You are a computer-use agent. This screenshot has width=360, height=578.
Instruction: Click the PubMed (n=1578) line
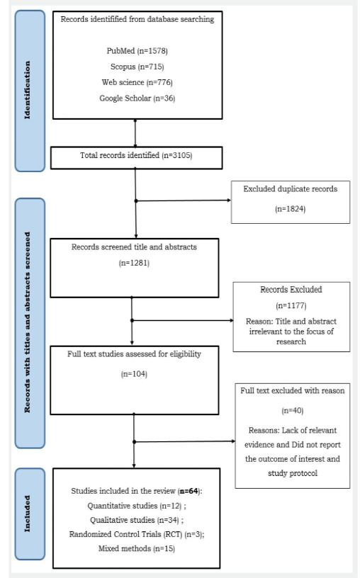pyautogui.click(x=134, y=51)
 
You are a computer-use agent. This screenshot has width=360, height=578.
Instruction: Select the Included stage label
pyautogui.click(x=29, y=507)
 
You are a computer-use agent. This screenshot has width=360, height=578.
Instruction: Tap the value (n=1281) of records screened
pyautogui.click(x=134, y=263)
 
